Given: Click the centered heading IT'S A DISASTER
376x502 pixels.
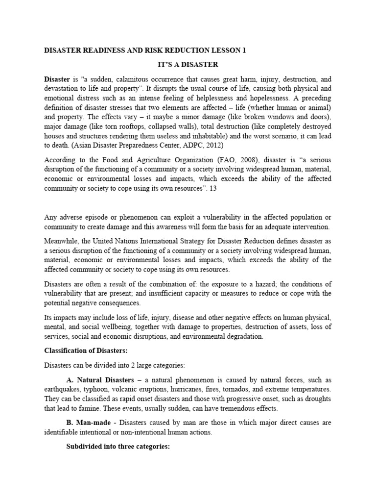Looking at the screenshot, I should click(188, 65).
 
